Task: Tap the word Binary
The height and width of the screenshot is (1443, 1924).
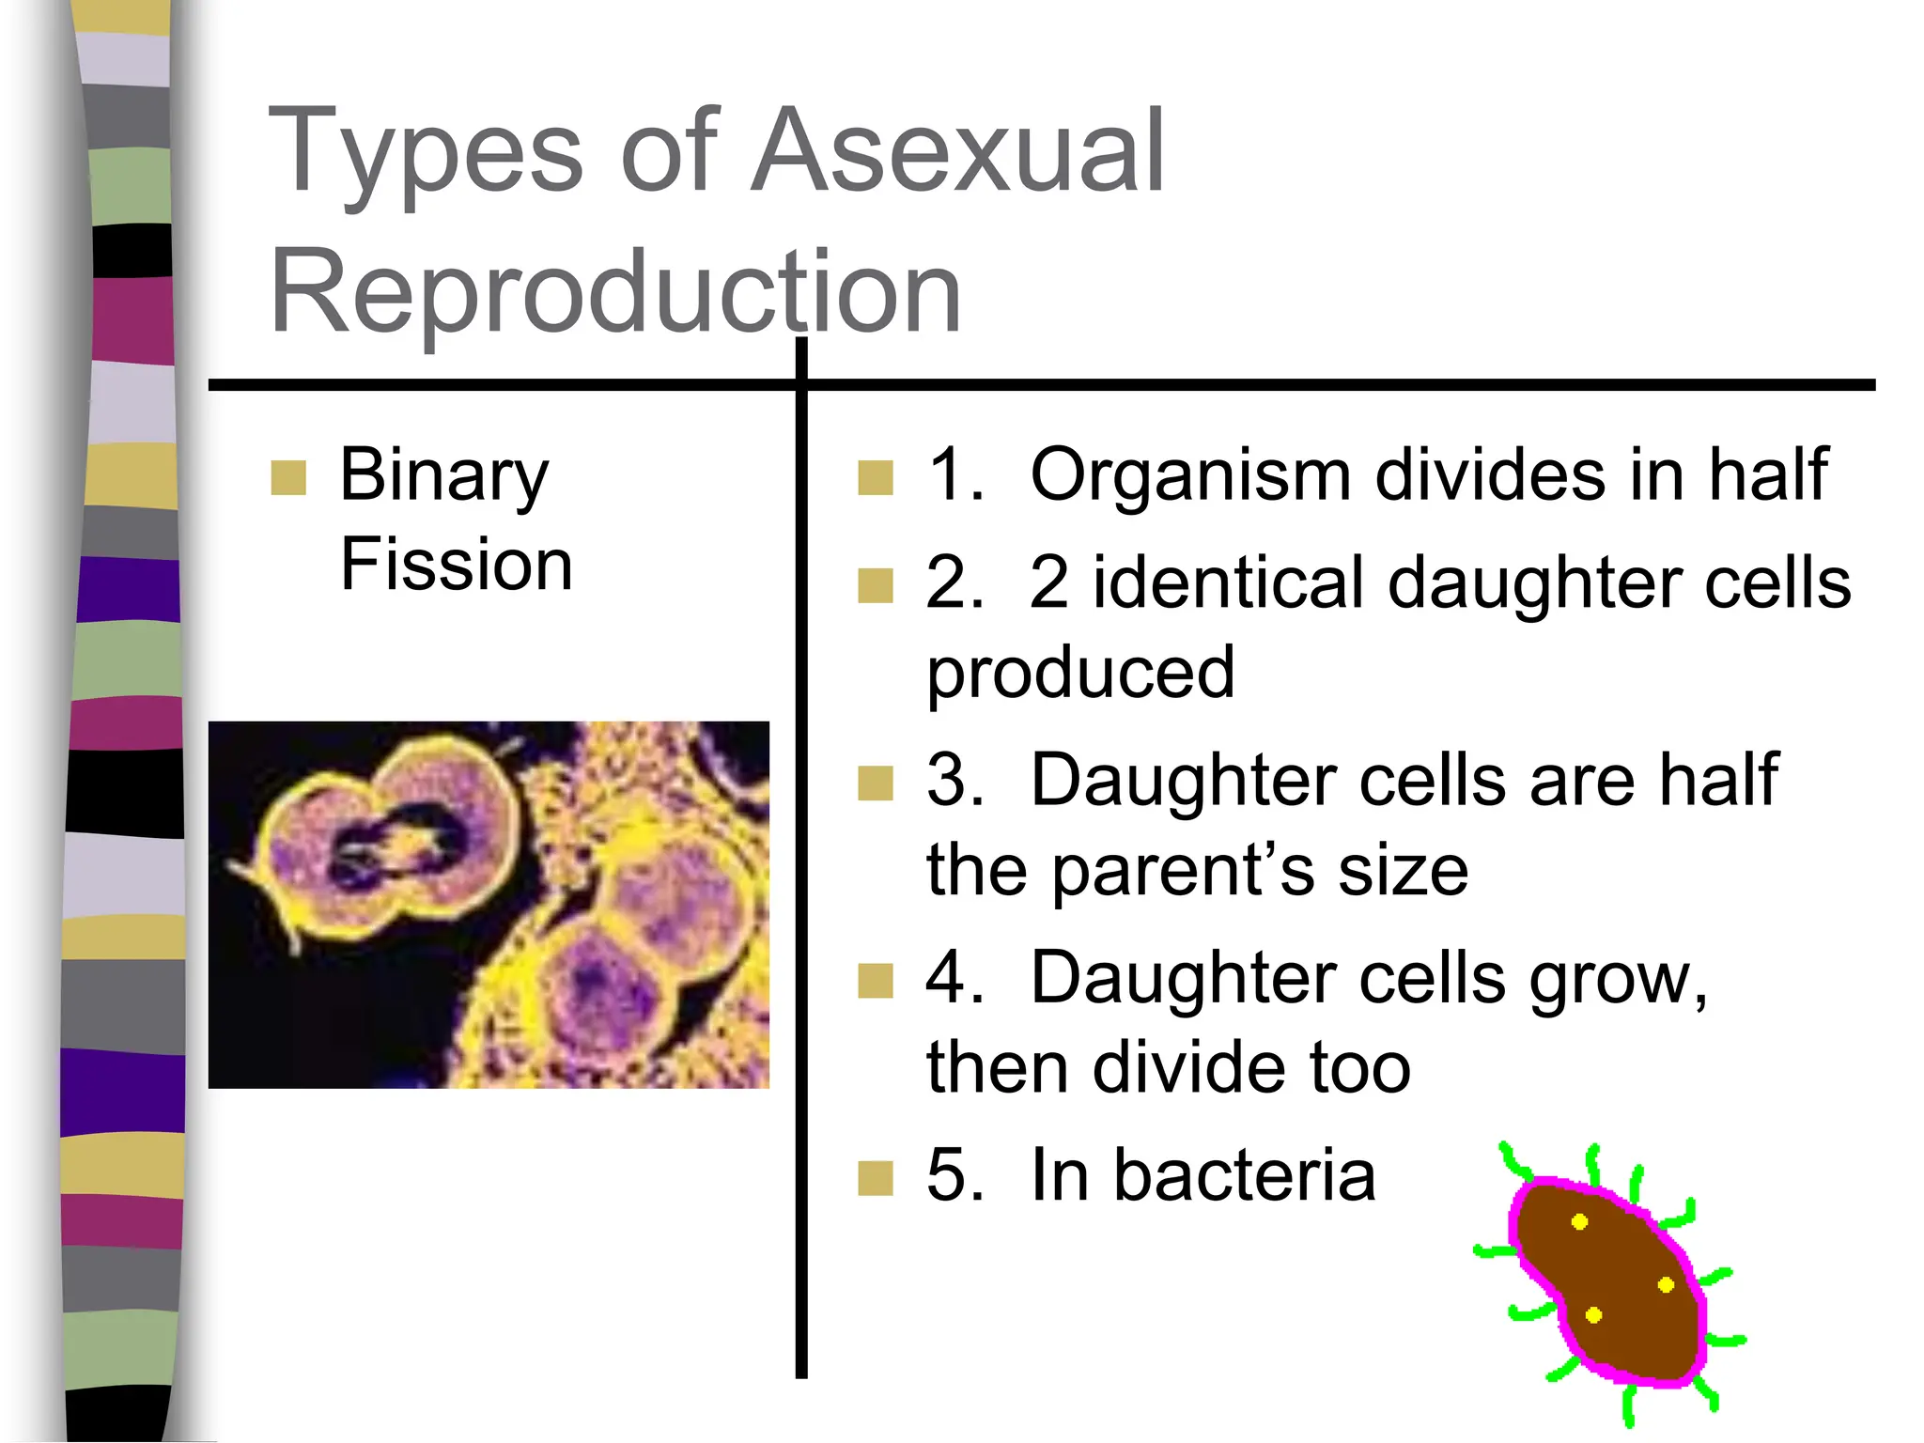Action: coord(443,475)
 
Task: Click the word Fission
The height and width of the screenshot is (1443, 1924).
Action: coord(457,565)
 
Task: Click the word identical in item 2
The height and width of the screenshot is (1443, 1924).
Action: coord(1229,583)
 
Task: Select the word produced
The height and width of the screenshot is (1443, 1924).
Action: coord(1080,673)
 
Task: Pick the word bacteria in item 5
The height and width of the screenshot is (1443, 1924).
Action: coord(1245,1175)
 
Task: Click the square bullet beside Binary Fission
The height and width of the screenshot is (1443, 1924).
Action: coord(288,477)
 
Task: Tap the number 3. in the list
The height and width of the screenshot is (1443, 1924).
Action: coord(954,780)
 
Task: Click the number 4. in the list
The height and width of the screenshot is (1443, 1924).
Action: coord(954,977)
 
